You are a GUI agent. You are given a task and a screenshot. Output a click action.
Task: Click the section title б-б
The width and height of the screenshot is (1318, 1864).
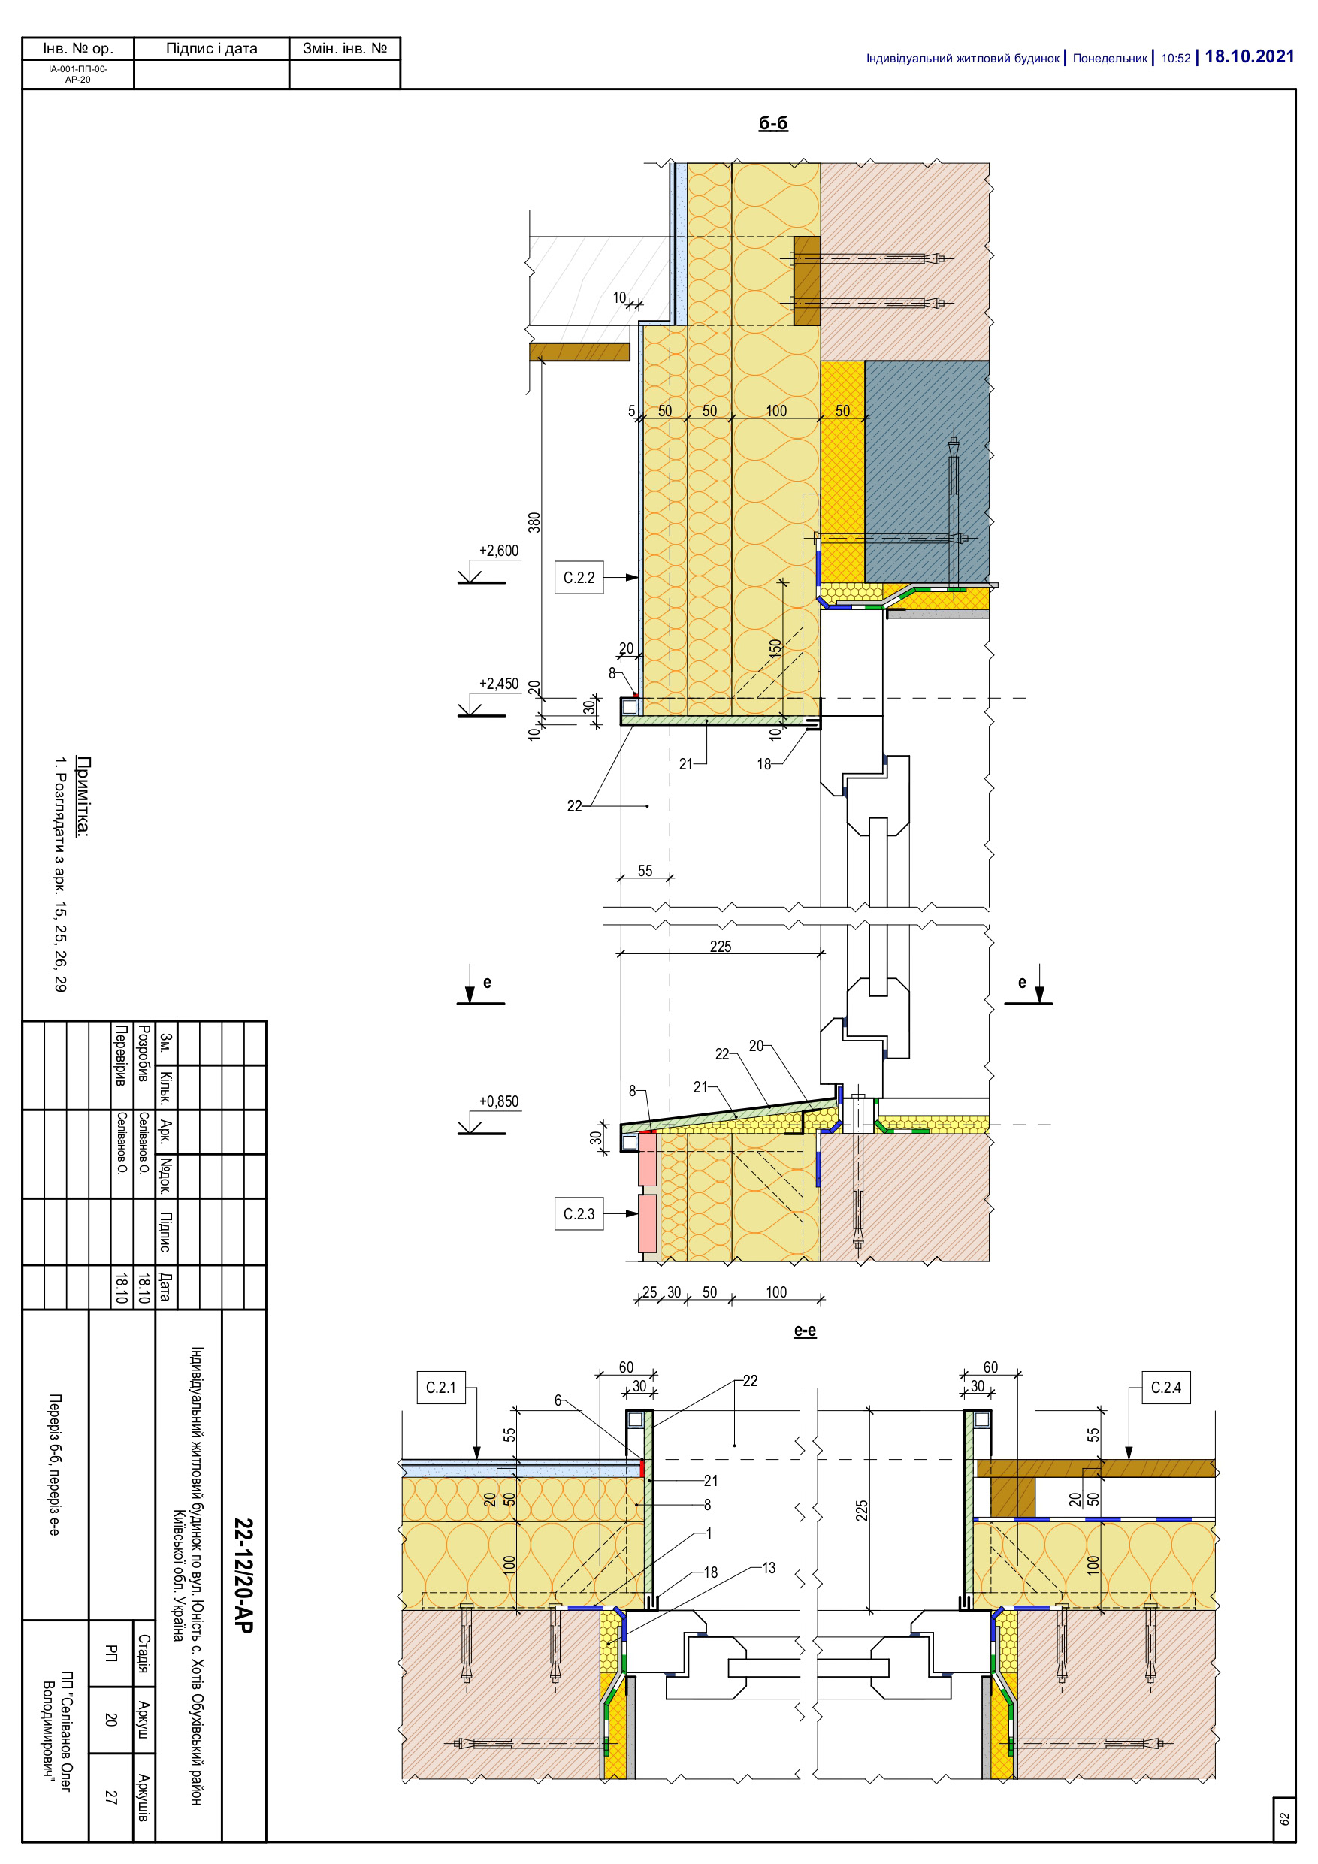click(x=773, y=123)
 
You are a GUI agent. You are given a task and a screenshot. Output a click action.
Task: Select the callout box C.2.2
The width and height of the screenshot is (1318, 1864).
click(x=579, y=577)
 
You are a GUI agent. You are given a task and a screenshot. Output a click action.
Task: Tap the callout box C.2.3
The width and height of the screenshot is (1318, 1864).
click(x=579, y=1213)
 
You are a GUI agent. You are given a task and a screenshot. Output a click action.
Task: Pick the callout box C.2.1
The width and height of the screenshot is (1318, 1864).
click(x=441, y=1388)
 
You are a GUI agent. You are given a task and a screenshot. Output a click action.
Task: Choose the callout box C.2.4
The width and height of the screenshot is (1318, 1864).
click(x=1166, y=1388)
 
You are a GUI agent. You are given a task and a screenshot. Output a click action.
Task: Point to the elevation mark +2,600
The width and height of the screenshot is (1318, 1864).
click(x=499, y=551)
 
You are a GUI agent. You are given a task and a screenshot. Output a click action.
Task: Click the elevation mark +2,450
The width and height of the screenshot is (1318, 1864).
click(x=499, y=684)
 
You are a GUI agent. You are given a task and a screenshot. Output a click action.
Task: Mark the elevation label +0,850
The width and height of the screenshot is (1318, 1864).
click(x=499, y=1101)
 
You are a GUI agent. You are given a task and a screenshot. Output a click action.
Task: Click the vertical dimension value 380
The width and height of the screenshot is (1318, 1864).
click(x=534, y=522)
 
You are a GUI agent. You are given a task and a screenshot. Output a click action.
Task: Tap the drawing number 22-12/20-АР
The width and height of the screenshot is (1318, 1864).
click(x=243, y=1575)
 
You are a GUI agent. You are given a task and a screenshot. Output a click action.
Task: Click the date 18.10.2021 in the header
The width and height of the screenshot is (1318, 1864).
click(x=1249, y=57)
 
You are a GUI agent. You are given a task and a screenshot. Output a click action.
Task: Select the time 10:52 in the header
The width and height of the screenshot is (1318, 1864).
click(x=1175, y=59)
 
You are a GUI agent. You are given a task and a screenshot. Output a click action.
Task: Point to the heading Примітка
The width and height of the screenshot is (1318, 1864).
click(x=83, y=796)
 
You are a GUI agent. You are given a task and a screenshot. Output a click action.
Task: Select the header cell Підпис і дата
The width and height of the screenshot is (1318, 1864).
click(x=211, y=49)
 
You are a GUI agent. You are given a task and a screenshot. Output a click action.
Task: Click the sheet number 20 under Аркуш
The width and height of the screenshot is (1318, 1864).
click(x=111, y=1719)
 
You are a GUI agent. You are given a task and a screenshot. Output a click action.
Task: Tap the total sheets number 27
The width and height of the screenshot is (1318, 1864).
click(x=111, y=1797)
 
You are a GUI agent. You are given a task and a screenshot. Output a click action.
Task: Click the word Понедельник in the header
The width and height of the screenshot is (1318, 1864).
click(x=1109, y=59)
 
